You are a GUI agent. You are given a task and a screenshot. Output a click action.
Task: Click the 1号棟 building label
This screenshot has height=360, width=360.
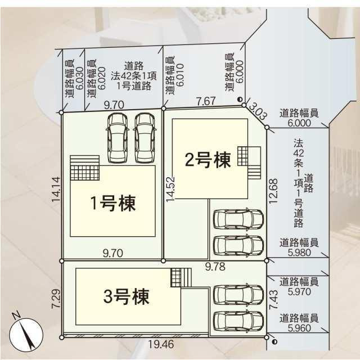pos(113,204)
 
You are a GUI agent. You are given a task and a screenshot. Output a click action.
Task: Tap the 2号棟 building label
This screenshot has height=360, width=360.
pos(208,161)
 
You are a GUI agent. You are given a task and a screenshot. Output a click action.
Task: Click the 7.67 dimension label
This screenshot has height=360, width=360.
pos(206,101)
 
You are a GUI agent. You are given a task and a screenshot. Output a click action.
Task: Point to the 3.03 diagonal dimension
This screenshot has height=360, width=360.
pos(258,110)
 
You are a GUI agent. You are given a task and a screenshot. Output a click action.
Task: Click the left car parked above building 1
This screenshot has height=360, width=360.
pos(118,137)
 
